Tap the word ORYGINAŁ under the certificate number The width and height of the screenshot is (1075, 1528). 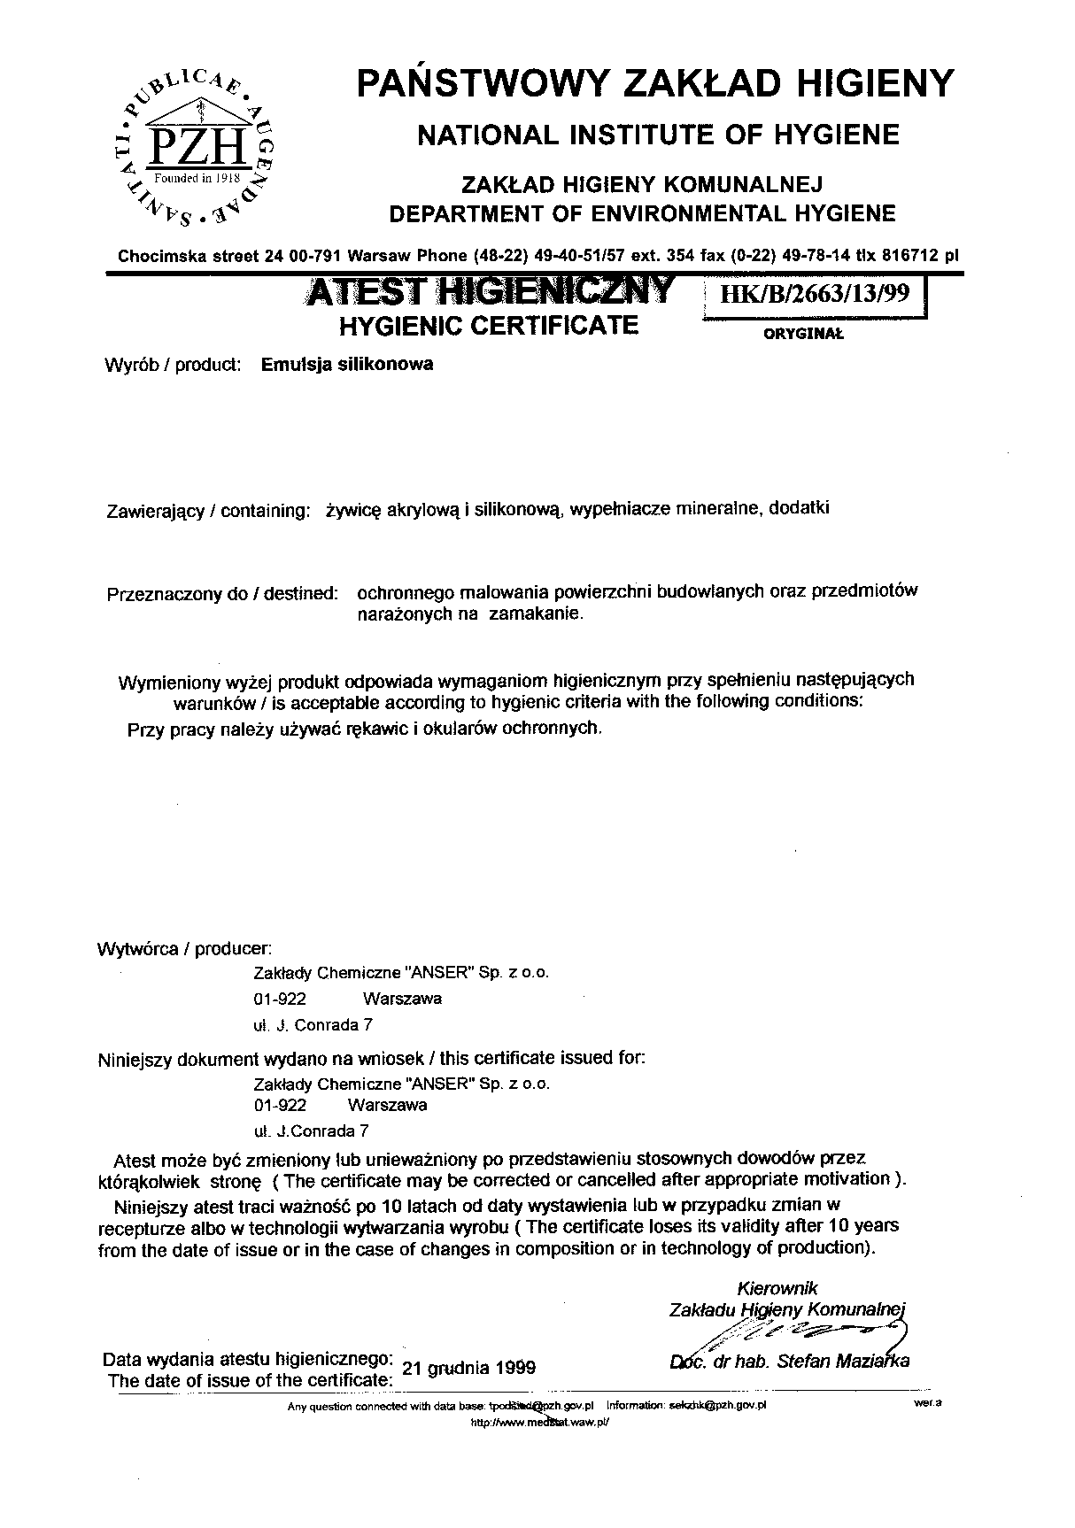[803, 335]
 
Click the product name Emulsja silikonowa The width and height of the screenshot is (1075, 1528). [348, 364]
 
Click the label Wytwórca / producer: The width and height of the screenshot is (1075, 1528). [184, 949]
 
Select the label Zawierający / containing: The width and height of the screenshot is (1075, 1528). [208, 511]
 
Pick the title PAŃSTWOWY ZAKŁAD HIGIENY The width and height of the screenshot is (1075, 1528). [655, 83]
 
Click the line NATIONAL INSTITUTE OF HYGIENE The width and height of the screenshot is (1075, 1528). [658, 135]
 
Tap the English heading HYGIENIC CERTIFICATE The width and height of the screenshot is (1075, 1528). [489, 326]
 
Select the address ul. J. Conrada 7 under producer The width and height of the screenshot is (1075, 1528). [313, 1025]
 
